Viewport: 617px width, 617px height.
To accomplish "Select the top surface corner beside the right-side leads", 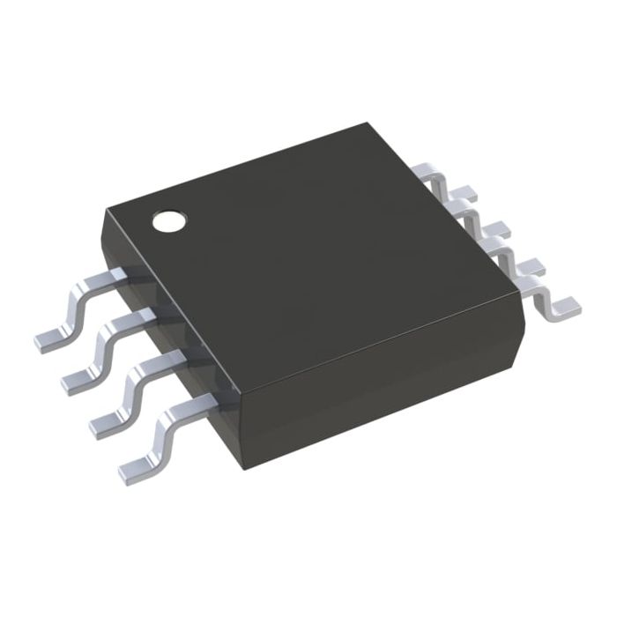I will pos(513,295).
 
